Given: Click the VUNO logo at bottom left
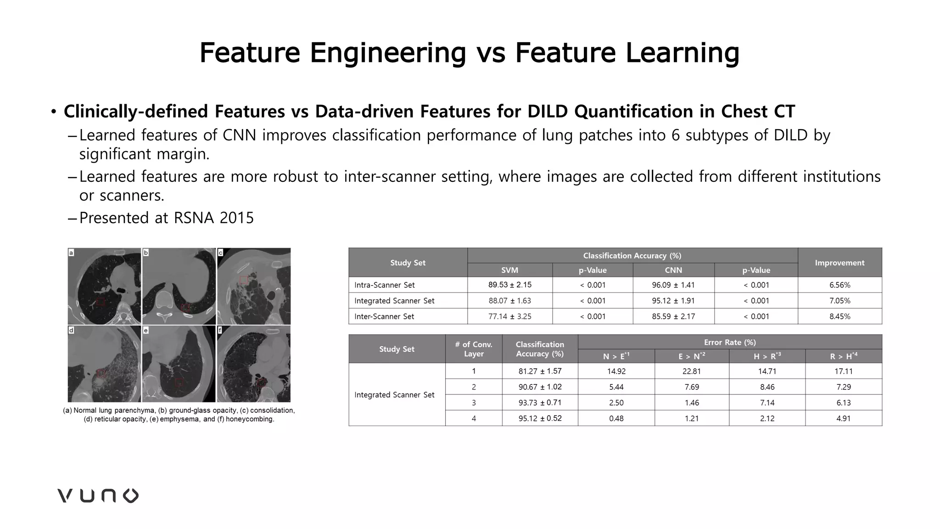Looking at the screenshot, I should (98, 495).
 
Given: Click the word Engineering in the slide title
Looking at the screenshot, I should (388, 52).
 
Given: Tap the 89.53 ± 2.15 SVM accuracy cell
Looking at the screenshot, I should (509, 285).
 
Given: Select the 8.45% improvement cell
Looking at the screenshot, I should (839, 316).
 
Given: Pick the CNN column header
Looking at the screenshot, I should (673, 270).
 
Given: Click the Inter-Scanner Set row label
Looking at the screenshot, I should (384, 316).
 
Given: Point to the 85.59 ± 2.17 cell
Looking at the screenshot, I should (673, 316).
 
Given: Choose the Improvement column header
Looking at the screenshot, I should (839, 263).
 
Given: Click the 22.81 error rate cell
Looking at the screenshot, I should (691, 371).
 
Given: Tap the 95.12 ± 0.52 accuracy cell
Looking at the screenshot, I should (540, 418).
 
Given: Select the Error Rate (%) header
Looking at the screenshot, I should (729, 342).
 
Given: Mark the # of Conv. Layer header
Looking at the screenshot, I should (473, 349).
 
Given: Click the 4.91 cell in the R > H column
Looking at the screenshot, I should (843, 418).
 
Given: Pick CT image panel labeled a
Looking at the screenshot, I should (104, 287).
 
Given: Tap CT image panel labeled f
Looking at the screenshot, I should (254, 364).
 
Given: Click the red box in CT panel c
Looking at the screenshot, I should (244, 280).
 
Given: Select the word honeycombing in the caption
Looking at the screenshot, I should (249, 419).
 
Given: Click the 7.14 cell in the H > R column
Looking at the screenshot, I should (767, 403).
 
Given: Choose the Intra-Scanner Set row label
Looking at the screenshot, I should (384, 285).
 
